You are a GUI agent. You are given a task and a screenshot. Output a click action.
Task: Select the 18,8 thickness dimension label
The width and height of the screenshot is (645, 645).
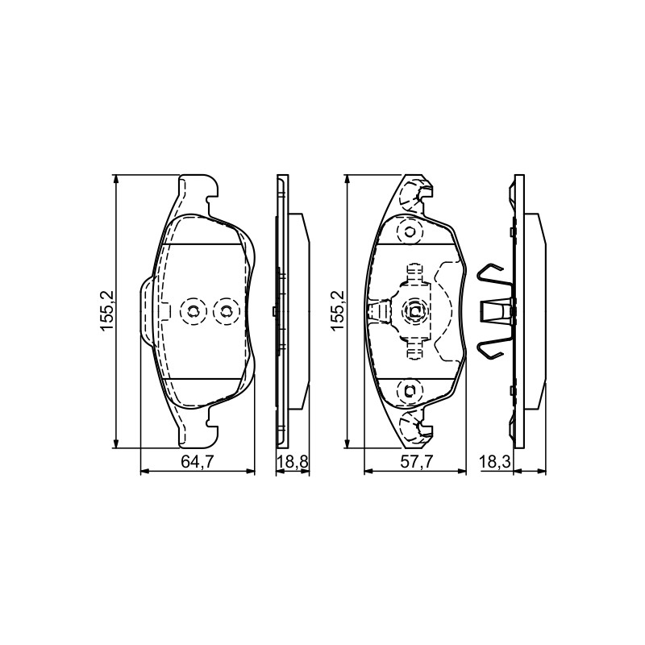tap(292, 462)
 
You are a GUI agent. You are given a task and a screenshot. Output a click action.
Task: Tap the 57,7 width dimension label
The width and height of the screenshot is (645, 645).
tap(417, 462)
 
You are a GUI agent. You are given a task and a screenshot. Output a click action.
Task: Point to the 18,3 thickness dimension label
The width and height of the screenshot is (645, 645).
tap(495, 462)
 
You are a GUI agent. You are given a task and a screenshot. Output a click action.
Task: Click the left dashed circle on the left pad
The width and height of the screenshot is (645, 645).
tap(192, 311)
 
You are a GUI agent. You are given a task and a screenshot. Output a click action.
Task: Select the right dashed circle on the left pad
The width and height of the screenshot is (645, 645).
tap(225, 311)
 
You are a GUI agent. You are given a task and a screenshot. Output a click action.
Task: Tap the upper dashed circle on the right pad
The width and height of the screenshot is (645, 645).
tap(410, 231)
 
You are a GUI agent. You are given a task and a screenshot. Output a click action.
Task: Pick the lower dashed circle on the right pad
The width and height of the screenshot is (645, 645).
tap(410, 390)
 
